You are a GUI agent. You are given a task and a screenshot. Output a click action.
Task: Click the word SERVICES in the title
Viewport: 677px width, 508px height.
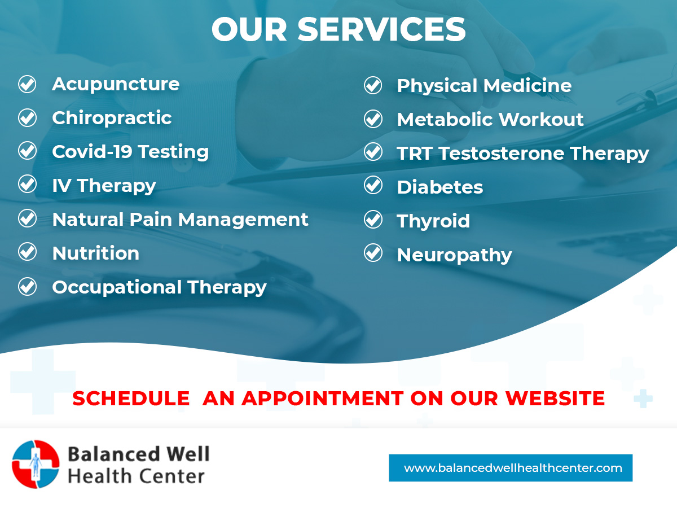click(381, 29)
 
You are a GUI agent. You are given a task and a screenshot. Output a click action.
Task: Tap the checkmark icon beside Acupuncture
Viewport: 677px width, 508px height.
click(27, 84)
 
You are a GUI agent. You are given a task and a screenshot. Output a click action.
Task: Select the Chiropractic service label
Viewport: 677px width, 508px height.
click(112, 118)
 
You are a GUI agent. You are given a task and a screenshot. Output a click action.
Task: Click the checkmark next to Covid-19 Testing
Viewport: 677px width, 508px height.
click(27, 151)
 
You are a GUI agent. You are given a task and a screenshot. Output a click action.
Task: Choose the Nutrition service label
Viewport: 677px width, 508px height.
click(95, 253)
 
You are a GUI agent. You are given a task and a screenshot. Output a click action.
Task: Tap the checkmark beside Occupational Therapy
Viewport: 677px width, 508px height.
click(27, 287)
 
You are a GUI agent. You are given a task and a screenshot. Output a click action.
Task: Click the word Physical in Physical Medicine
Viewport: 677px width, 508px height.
click(437, 86)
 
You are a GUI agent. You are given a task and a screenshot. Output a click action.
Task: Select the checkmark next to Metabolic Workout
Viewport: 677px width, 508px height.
click(373, 119)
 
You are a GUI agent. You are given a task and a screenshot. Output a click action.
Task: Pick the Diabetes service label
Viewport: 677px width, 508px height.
click(440, 187)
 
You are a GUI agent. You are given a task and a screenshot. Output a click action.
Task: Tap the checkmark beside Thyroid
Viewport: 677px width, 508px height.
click(373, 220)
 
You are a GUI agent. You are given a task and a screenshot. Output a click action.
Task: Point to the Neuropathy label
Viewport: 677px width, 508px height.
click(454, 256)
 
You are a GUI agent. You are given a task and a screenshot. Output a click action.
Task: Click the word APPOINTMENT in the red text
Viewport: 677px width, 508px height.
click(323, 398)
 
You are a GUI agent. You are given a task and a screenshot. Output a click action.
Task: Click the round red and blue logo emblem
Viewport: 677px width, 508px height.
click(36, 464)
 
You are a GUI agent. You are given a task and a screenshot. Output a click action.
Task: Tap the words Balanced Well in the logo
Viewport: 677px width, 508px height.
click(138, 454)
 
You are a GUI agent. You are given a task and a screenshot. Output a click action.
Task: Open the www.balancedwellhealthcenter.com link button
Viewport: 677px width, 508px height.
click(511, 468)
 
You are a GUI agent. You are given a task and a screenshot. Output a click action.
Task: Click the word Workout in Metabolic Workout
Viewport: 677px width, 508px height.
click(541, 119)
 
